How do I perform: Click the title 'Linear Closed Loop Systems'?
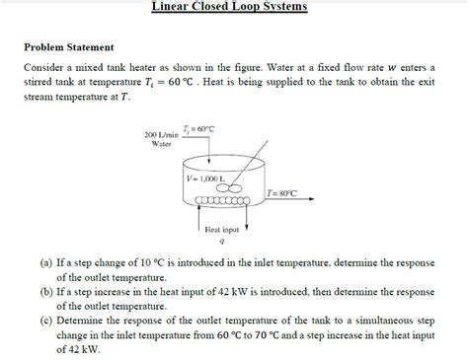pos(229,7)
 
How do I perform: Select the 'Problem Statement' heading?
pos(68,47)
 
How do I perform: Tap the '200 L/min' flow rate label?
pos(160,134)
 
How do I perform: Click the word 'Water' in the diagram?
pos(161,144)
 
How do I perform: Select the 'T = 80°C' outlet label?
pos(281,195)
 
